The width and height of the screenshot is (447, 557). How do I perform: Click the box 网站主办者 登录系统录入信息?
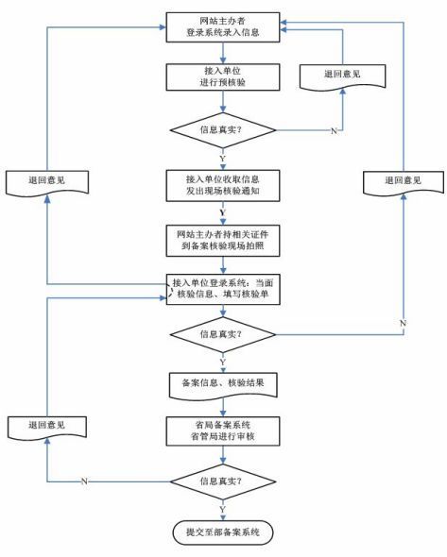(x=223, y=27)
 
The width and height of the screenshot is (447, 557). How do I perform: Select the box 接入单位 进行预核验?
(x=223, y=77)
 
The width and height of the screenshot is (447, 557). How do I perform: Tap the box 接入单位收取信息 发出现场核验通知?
(x=223, y=185)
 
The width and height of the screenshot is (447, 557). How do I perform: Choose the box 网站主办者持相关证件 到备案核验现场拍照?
(x=223, y=241)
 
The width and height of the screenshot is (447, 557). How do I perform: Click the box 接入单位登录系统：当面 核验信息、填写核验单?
(x=223, y=289)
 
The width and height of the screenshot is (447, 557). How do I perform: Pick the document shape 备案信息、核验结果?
(x=223, y=385)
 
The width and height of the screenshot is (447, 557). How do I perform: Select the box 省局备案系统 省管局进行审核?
(x=223, y=430)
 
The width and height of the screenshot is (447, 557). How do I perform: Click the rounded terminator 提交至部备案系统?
(x=223, y=532)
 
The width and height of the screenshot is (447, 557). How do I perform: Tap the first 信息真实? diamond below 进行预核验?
(x=223, y=130)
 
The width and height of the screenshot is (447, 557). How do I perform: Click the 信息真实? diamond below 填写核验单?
(x=223, y=334)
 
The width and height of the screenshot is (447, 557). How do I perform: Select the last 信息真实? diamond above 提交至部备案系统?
(x=223, y=481)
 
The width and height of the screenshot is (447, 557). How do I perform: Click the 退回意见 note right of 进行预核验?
(x=342, y=76)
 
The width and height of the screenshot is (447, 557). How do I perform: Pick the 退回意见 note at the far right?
(x=404, y=182)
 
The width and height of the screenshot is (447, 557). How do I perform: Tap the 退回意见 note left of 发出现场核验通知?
(x=47, y=182)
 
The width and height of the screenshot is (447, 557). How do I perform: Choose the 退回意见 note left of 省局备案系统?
(x=47, y=428)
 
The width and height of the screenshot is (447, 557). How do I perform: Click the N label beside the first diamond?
(x=334, y=131)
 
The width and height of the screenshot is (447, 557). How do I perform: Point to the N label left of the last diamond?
(x=84, y=481)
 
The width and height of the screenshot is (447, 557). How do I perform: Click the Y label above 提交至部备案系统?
(x=223, y=510)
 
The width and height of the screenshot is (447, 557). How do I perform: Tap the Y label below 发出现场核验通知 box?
(x=223, y=212)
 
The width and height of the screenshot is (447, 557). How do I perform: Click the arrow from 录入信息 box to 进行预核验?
(x=223, y=53)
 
